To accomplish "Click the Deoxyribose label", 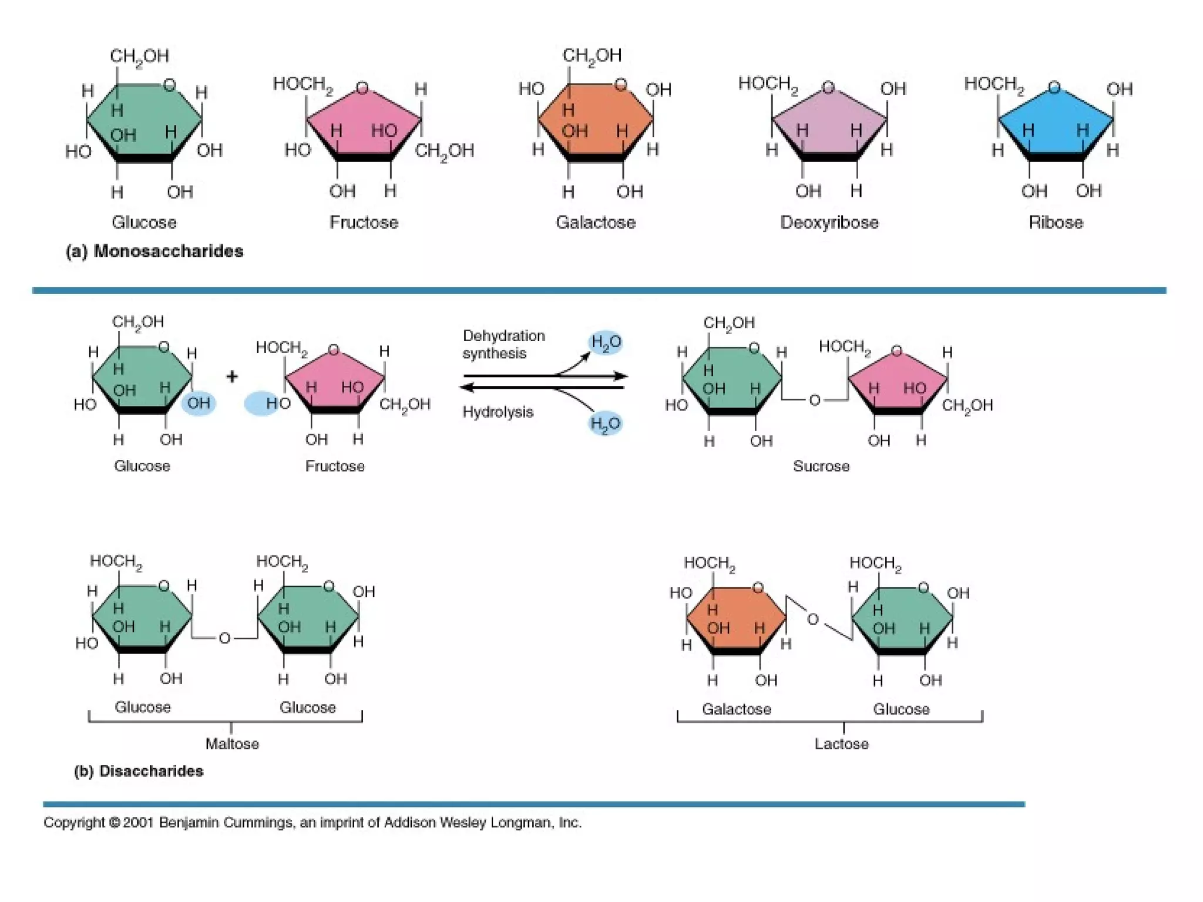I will [x=829, y=223].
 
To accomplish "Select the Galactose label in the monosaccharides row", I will [x=596, y=223].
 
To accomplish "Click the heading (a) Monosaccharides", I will [x=154, y=251].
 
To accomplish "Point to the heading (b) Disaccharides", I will [x=139, y=771].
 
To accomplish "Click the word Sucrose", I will [x=821, y=466].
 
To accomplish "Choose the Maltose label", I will [x=232, y=744].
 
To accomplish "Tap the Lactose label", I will [x=841, y=744].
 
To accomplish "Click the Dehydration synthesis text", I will [x=503, y=345].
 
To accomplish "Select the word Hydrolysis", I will [x=498, y=412].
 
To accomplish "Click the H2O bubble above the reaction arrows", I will [x=606, y=342].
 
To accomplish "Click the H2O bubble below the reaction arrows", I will [x=605, y=423].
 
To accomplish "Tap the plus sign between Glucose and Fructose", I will [x=232, y=376].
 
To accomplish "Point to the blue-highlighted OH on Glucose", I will [x=199, y=403].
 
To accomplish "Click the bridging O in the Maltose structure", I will [x=224, y=638].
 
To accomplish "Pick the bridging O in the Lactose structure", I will [x=813, y=620].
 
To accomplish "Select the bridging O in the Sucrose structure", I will [x=814, y=400].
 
